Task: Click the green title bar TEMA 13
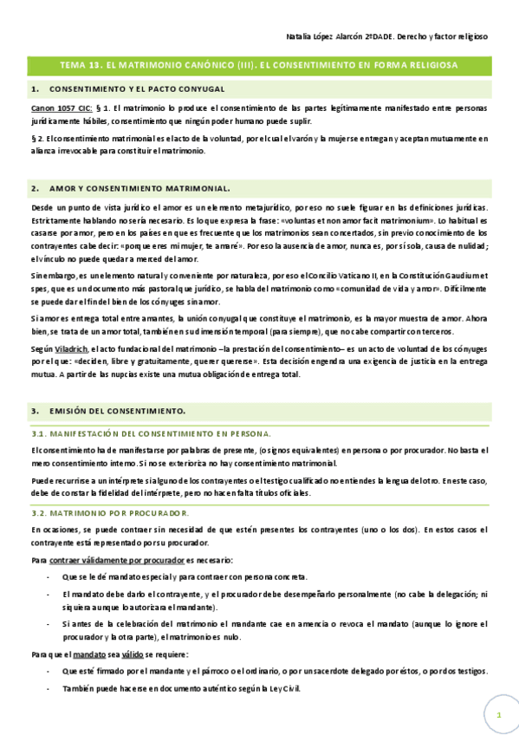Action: coord(259,65)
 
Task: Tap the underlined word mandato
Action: coord(98,654)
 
